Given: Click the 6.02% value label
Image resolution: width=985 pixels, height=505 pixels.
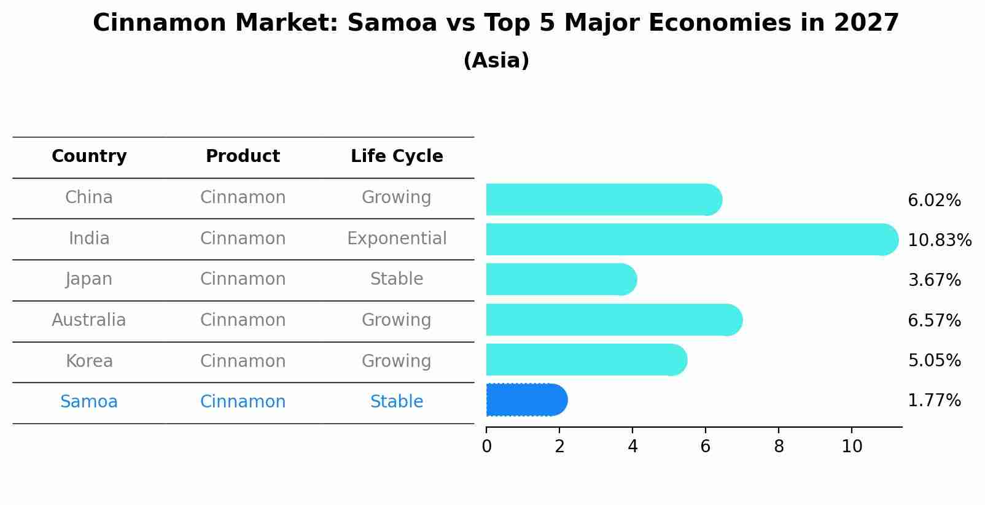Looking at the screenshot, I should (x=934, y=201).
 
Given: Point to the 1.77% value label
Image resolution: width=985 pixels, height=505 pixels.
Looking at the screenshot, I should (x=934, y=401).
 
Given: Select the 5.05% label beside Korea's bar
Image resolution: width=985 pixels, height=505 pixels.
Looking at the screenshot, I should (x=934, y=361).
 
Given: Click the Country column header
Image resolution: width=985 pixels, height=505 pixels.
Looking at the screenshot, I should (x=89, y=156).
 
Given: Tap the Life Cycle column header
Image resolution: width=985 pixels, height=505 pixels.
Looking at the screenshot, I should (x=397, y=156).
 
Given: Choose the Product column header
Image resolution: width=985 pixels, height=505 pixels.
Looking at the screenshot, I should (x=243, y=156).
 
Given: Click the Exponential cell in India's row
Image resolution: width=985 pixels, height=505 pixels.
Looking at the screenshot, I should (x=397, y=239).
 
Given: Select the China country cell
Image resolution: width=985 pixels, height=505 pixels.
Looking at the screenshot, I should (x=89, y=198).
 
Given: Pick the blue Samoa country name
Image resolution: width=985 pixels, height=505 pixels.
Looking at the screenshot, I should (x=89, y=402).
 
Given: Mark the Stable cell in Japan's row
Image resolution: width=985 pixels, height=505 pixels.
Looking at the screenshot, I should (x=397, y=279).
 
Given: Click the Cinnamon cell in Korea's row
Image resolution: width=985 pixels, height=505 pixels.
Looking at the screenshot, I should (x=243, y=361).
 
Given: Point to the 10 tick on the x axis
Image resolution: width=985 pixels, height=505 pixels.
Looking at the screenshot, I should (x=852, y=447).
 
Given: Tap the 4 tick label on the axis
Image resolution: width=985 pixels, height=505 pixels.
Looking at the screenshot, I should (x=633, y=447).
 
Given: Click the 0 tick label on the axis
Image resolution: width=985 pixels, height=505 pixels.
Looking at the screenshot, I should (x=486, y=447).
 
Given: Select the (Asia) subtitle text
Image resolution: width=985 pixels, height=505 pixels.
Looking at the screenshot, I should (x=496, y=61).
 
